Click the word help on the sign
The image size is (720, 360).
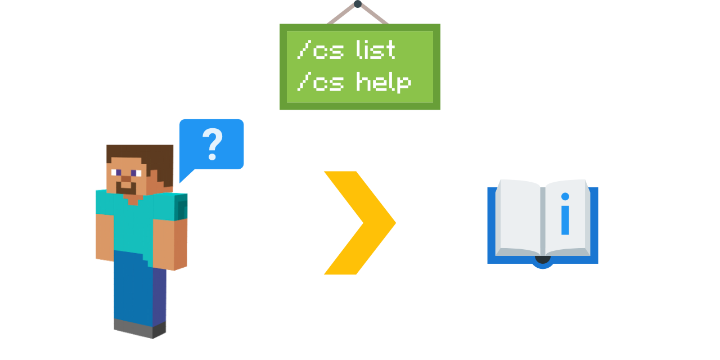pyautogui.click(x=384, y=83)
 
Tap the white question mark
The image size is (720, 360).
pyautogui.click(x=213, y=144)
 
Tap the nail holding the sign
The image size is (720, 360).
pyautogui.click(x=358, y=4)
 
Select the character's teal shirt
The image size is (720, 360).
pyautogui.click(x=133, y=225)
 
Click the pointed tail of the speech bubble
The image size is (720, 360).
pyautogui.click(x=183, y=177)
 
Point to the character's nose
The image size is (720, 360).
pyautogui.click(x=126, y=179)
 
